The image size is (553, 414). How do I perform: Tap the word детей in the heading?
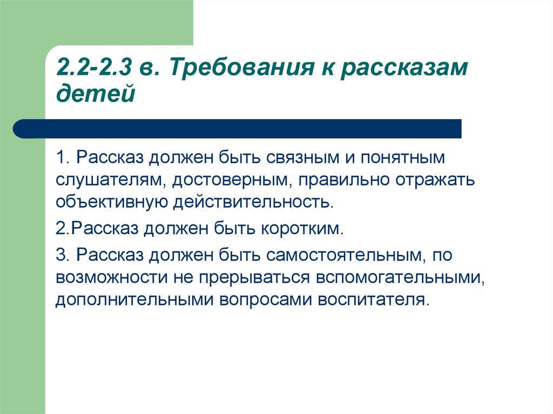point(96,93)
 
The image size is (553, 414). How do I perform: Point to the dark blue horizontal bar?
point(237,128)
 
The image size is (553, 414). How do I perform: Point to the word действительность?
point(253,202)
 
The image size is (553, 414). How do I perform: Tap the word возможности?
point(111,277)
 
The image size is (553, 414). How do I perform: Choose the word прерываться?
point(254,278)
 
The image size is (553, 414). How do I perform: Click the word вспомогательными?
point(400,278)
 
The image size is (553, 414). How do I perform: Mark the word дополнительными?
point(134,300)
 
